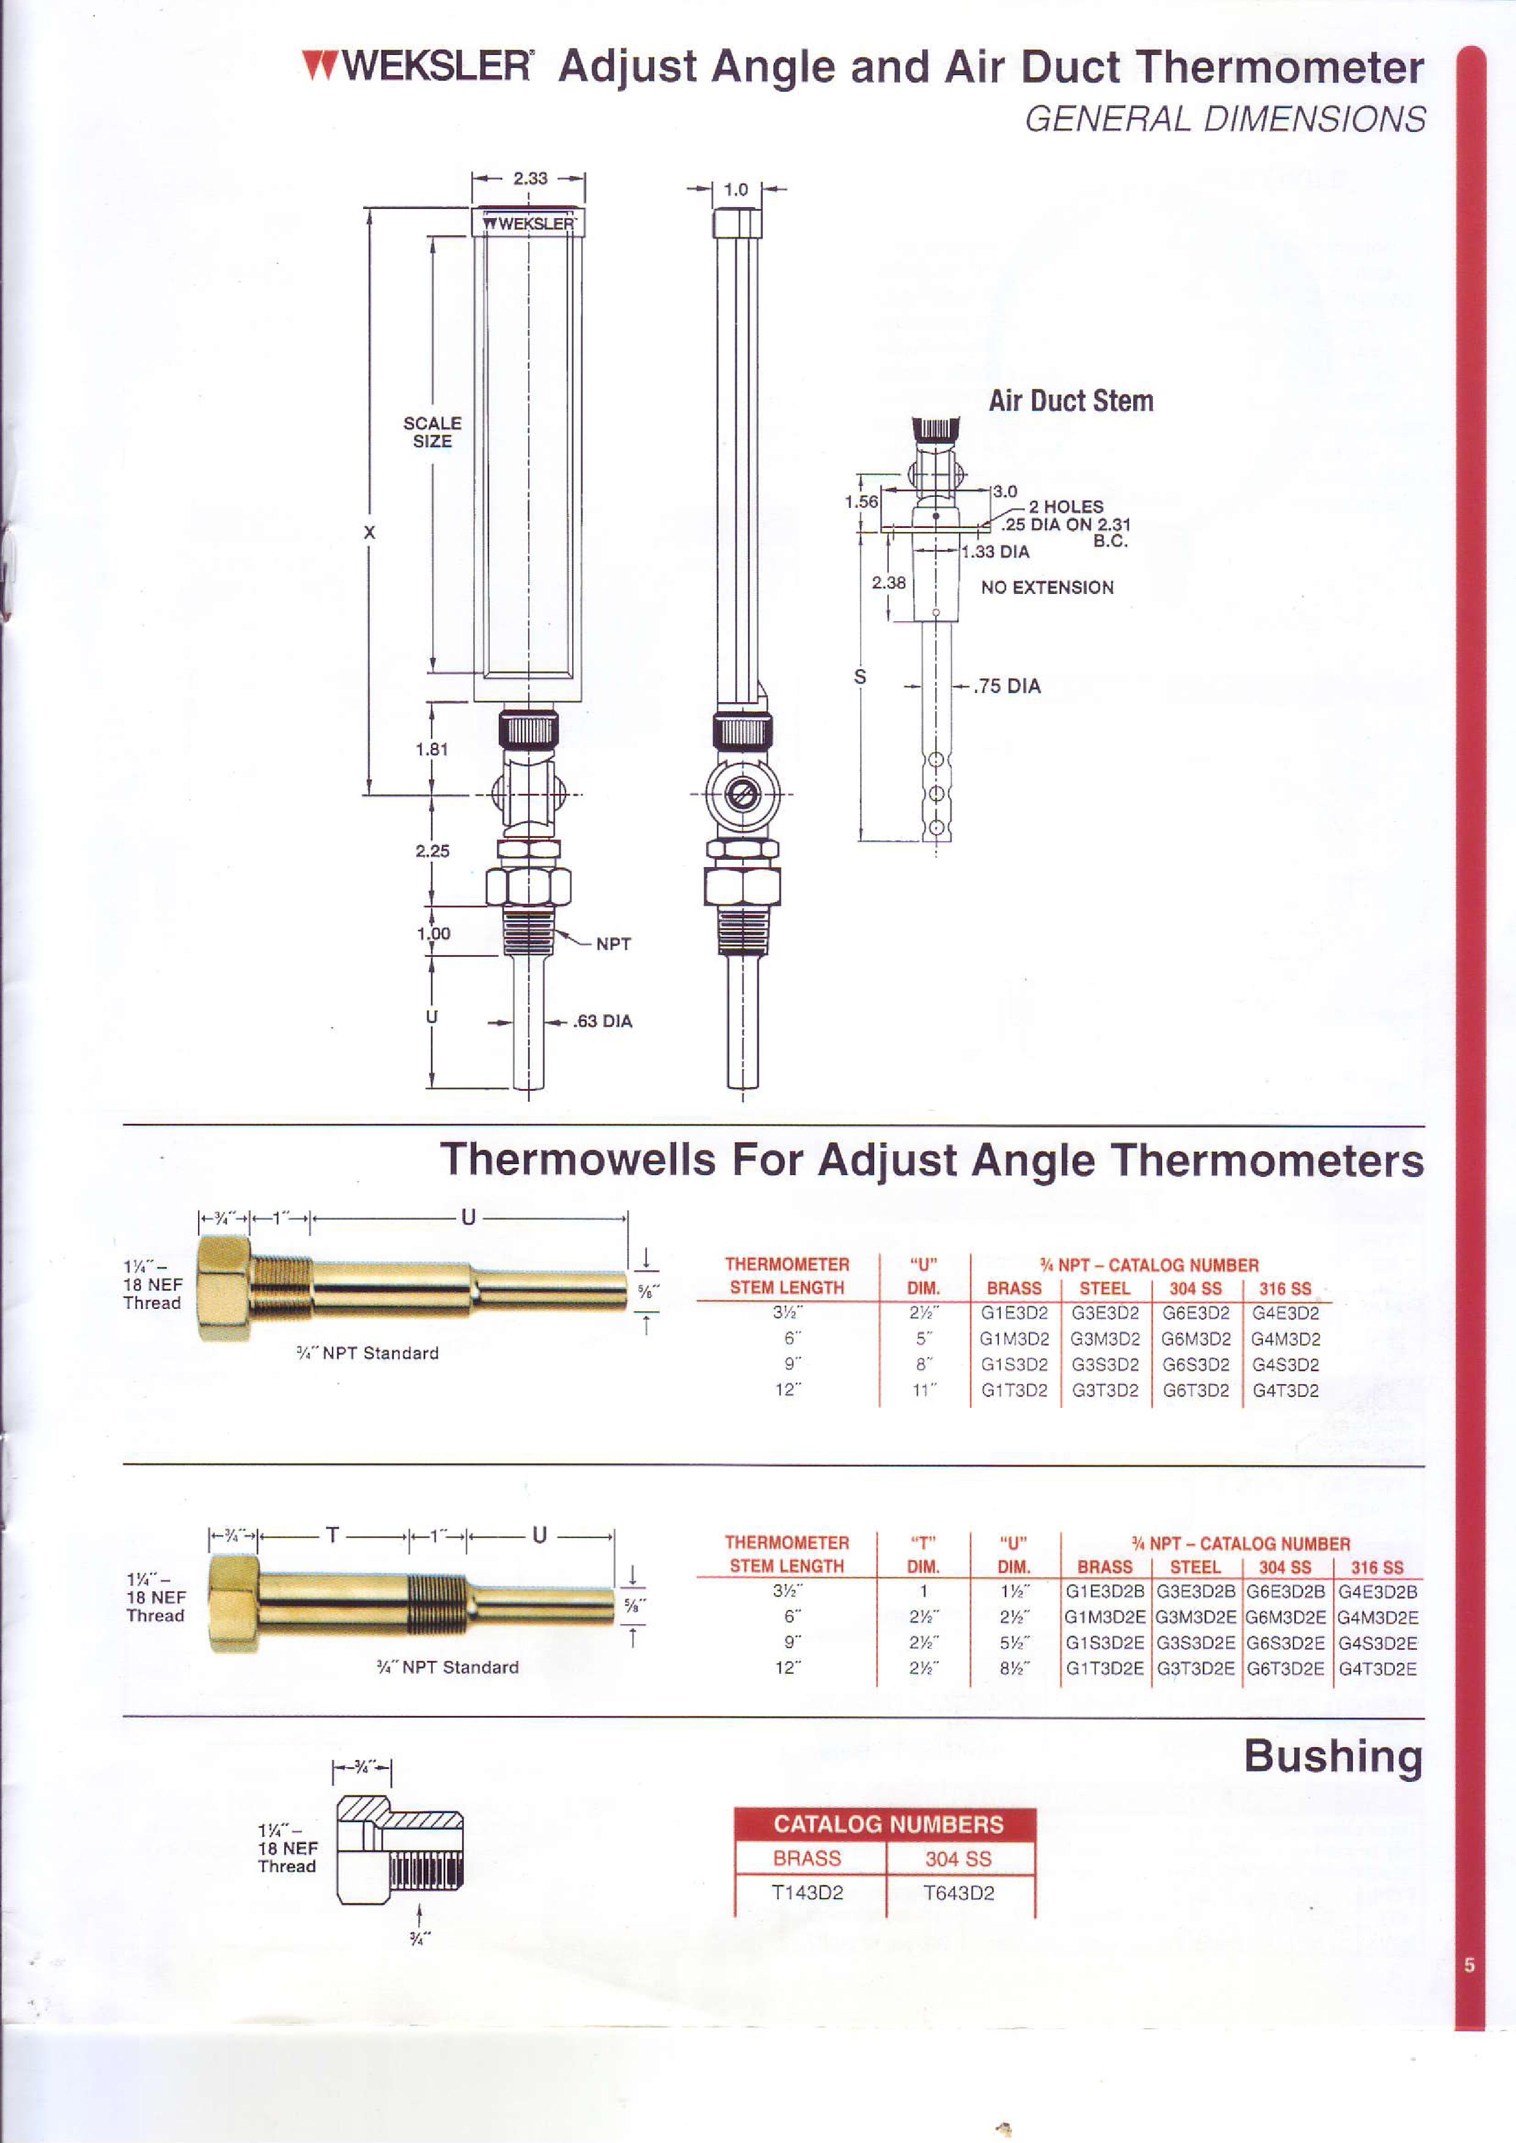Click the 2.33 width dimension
point(530,178)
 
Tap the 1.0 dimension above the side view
point(735,189)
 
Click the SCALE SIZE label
point(432,432)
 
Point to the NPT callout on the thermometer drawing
point(613,943)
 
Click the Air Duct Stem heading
point(1071,401)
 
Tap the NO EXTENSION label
point(1047,587)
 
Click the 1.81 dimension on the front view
point(432,749)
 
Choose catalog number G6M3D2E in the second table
point(1286,1617)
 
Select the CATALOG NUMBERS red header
point(888,1825)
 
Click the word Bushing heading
point(1334,1757)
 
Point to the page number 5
point(1470,1965)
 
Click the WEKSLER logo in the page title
point(418,66)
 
